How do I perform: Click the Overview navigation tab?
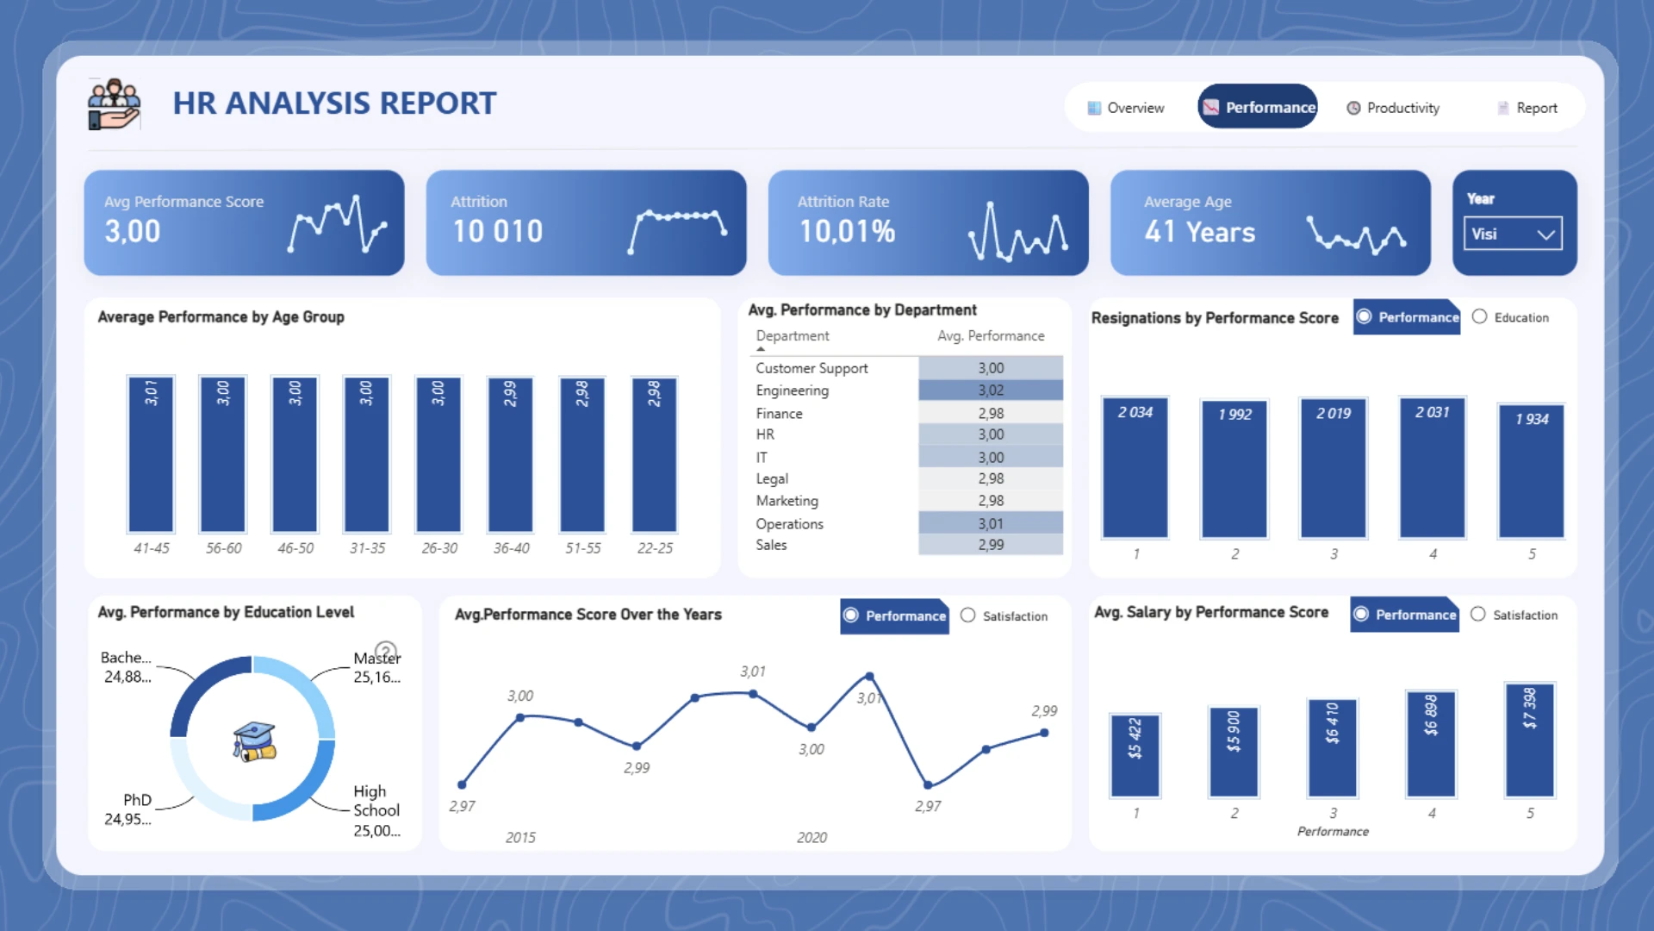1126,108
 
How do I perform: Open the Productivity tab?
1393,108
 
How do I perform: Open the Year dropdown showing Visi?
1513,234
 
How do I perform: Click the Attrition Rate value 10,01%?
847,231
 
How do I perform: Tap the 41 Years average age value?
1199,232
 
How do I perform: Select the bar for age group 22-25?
655,454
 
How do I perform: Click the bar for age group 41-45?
151,454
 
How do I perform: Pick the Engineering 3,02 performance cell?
991,391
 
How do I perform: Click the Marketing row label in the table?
787,501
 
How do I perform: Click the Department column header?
793,336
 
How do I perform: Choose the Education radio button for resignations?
1480,317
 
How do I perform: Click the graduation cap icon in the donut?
254,741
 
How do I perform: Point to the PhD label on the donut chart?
137,800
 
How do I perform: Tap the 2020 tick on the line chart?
811,837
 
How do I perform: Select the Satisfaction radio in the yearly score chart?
968,615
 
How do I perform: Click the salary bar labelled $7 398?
1529,740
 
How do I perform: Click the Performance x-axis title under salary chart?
1333,831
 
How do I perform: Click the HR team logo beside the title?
114,104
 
